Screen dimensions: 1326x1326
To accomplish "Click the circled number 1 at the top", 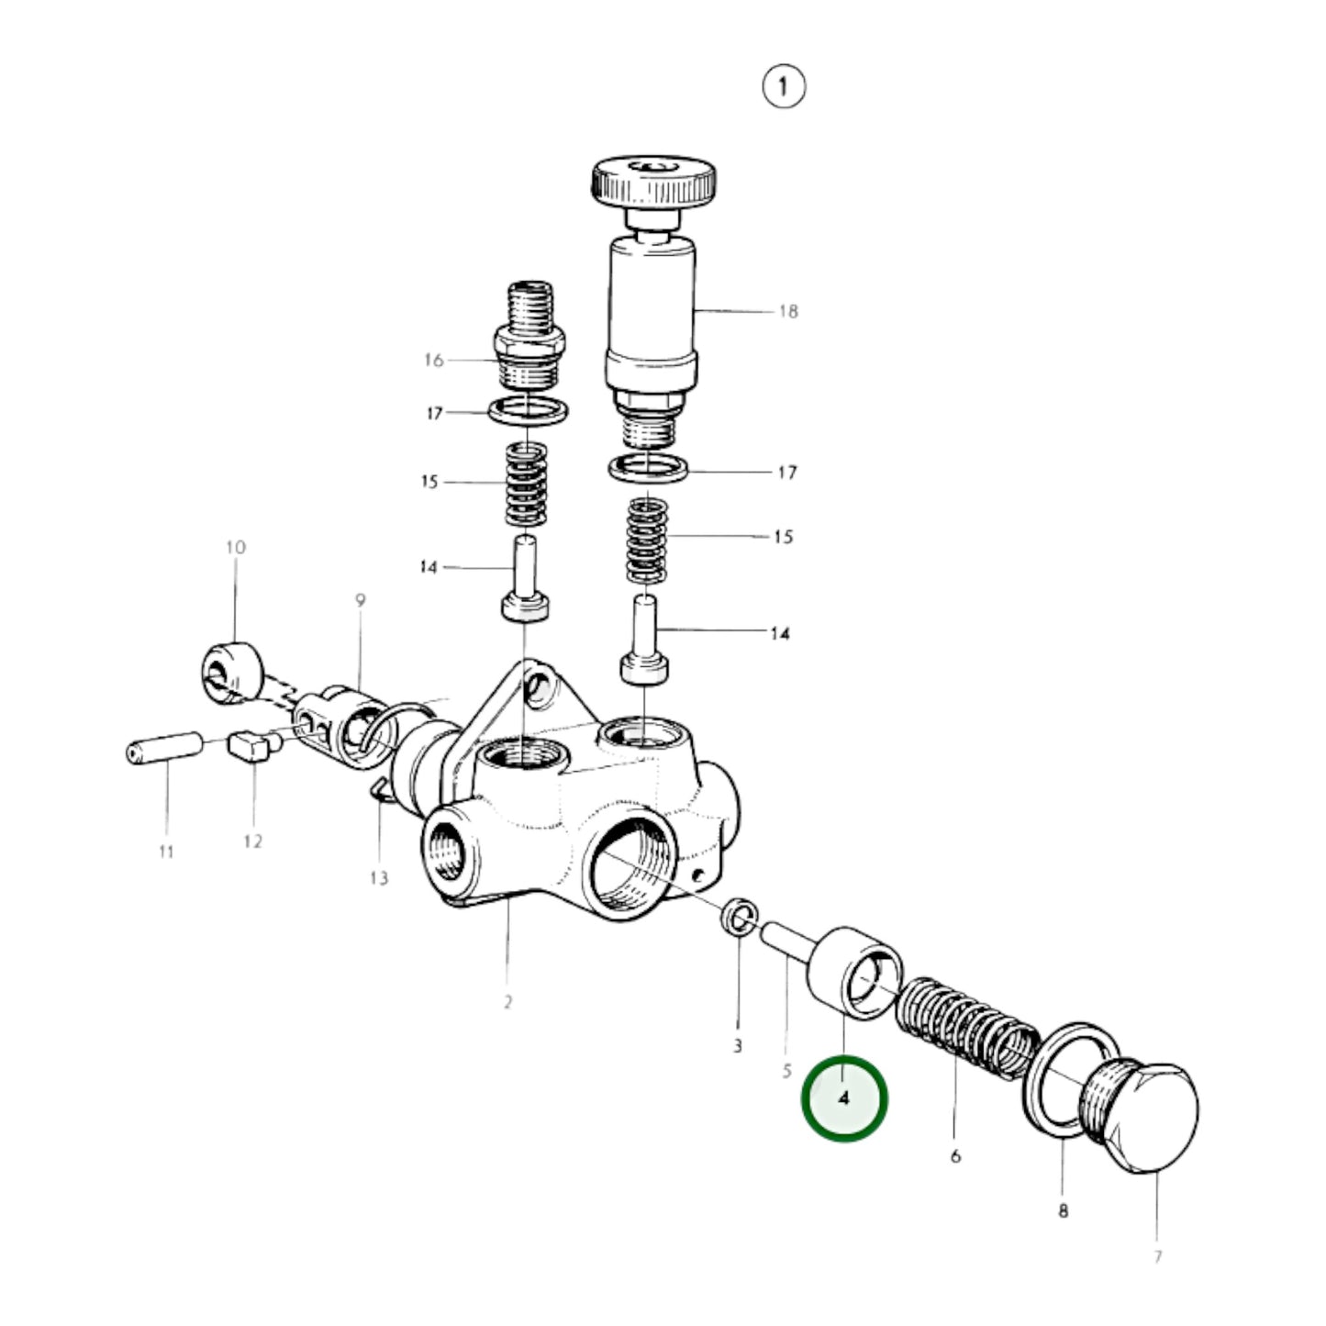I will [783, 87].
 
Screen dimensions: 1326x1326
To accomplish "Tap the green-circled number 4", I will [844, 1098].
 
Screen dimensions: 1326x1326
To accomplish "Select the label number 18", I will [788, 311].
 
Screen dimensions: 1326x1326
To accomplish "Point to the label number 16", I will [433, 360].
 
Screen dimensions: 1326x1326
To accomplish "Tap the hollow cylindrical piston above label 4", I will [853, 974].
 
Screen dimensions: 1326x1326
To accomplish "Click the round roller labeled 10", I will [230, 674].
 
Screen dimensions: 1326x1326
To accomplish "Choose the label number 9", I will [360, 601].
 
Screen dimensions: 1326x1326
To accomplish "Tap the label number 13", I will [379, 878].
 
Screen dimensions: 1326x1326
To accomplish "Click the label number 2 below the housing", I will [507, 1001].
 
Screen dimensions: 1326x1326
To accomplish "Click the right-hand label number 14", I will [779, 633].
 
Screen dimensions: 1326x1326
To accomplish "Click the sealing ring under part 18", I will [648, 469].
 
